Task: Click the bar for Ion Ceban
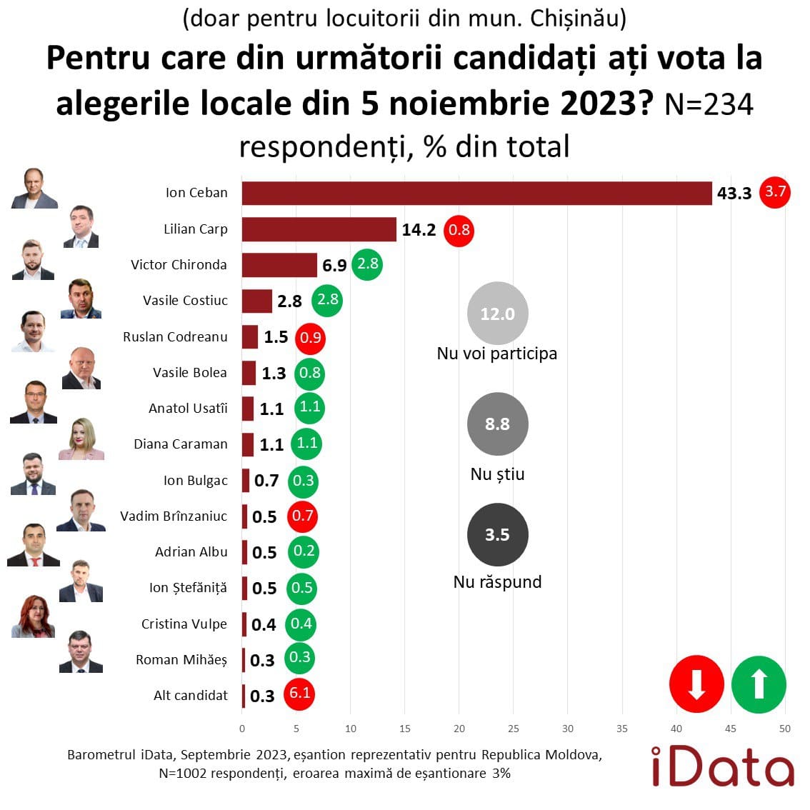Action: [x=476, y=194]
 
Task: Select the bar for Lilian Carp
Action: [x=319, y=229]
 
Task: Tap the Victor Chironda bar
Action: [x=279, y=265]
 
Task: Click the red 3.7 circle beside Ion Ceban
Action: [x=775, y=192]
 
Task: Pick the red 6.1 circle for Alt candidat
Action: [x=299, y=693]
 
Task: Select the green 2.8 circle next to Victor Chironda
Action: [x=367, y=264]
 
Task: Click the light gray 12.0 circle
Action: [x=497, y=314]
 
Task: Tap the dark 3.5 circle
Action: [x=497, y=535]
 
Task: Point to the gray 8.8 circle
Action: [x=497, y=424]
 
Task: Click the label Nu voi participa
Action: [x=497, y=354]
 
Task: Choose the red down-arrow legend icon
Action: [x=696, y=684]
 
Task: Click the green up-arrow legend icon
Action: [x=759, y=684]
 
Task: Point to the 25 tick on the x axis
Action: [x=514, y=729]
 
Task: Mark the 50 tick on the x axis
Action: [x=785, y=729]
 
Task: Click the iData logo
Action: [x=722, y=766]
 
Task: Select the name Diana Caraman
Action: [x=181, y=444]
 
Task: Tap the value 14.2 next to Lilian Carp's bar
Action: [x=419, y=230]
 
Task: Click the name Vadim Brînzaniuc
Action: [x=174, y=516]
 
